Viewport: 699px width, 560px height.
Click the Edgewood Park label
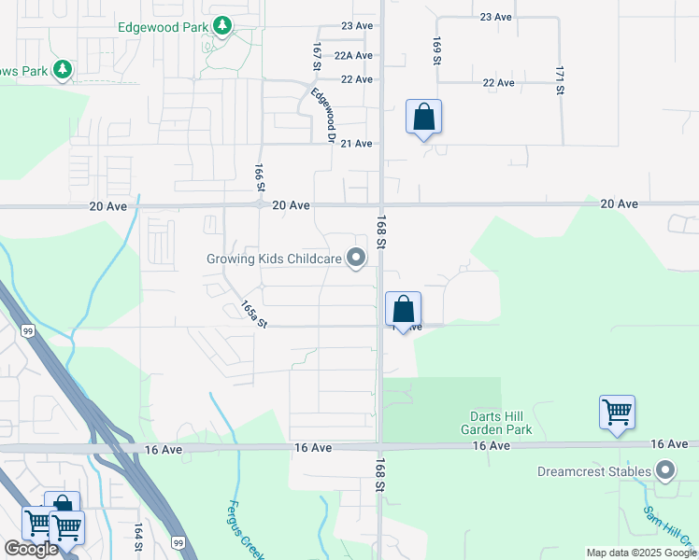pos(163,26)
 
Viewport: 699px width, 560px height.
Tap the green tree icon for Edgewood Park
pos(222,25)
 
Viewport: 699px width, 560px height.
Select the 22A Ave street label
pos(354,55)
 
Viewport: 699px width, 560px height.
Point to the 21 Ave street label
pos(357,143)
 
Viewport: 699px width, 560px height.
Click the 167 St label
pos(317,53)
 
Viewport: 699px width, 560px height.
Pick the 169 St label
pos(436,50)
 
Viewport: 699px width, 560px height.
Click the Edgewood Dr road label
pos(323,115)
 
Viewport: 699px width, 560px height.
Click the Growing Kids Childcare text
pos(273,258)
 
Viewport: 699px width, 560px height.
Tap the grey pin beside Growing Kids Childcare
pos(356,257)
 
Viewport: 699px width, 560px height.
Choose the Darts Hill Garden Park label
pos(496,423)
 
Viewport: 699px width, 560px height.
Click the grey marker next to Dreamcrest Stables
pos(665,470)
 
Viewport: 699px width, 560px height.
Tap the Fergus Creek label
pos(242,528)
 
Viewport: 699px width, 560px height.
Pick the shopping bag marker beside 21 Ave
pos(423,118)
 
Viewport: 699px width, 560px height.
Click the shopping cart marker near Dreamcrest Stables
pos(617,412)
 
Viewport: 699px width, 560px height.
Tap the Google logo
pos(31,549)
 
